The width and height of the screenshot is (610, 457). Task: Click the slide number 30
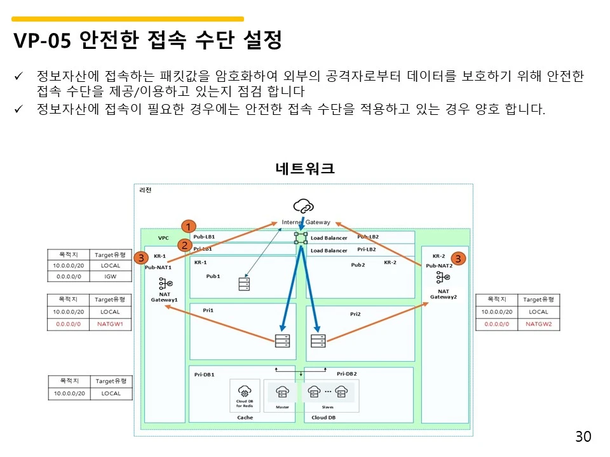pos(583,437)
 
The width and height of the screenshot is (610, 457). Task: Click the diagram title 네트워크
pos(305,169)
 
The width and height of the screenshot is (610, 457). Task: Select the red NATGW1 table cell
pos(110,324)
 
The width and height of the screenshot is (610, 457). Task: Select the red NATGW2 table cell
pos(538,324)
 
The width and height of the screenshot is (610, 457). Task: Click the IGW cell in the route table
pos(110,277)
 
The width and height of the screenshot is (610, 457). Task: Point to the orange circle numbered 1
pos(189,227)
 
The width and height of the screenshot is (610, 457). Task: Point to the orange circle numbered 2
pos(184,244)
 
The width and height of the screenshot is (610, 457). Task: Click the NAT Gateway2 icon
pos(444,277)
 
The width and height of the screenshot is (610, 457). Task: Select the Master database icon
pos(282,392)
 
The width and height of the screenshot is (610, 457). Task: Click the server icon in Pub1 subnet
pos(244,284)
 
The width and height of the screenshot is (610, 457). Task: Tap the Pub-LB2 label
pos(368,236)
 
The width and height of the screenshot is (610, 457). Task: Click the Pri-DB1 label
pos(205,374)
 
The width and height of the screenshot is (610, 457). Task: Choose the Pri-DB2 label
pos(346,374)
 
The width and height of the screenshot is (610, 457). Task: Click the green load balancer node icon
pos(301,238)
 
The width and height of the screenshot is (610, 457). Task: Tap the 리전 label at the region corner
pos(146,190)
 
